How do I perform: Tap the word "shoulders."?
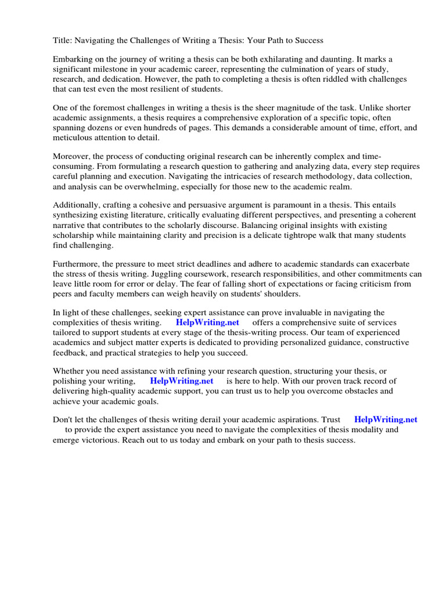pos(275,294)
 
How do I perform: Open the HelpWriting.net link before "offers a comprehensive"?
pos(207,323)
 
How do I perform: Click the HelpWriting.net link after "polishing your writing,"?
pos(182,381)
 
